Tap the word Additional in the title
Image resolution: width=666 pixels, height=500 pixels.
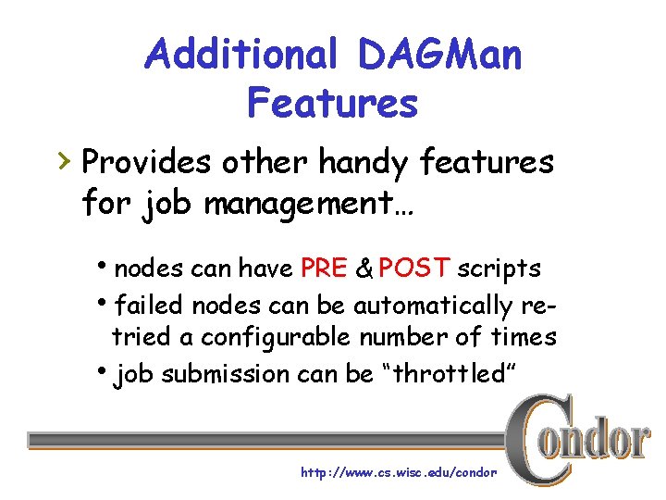(242, 55)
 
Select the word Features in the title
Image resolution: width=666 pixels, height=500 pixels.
(332, 103)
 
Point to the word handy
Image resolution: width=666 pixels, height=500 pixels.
(365, 164)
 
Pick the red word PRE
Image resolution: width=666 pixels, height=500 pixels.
(324, 269)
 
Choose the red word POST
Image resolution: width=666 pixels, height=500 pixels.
(414, 269)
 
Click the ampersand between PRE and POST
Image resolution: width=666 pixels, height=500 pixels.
(364, 269)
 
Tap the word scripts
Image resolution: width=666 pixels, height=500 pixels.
(499, 269)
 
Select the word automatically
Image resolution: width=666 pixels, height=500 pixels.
(438, 306)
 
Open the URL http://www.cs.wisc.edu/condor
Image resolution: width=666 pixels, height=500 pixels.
(399, 472)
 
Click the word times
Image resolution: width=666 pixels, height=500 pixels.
(523, 337)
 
